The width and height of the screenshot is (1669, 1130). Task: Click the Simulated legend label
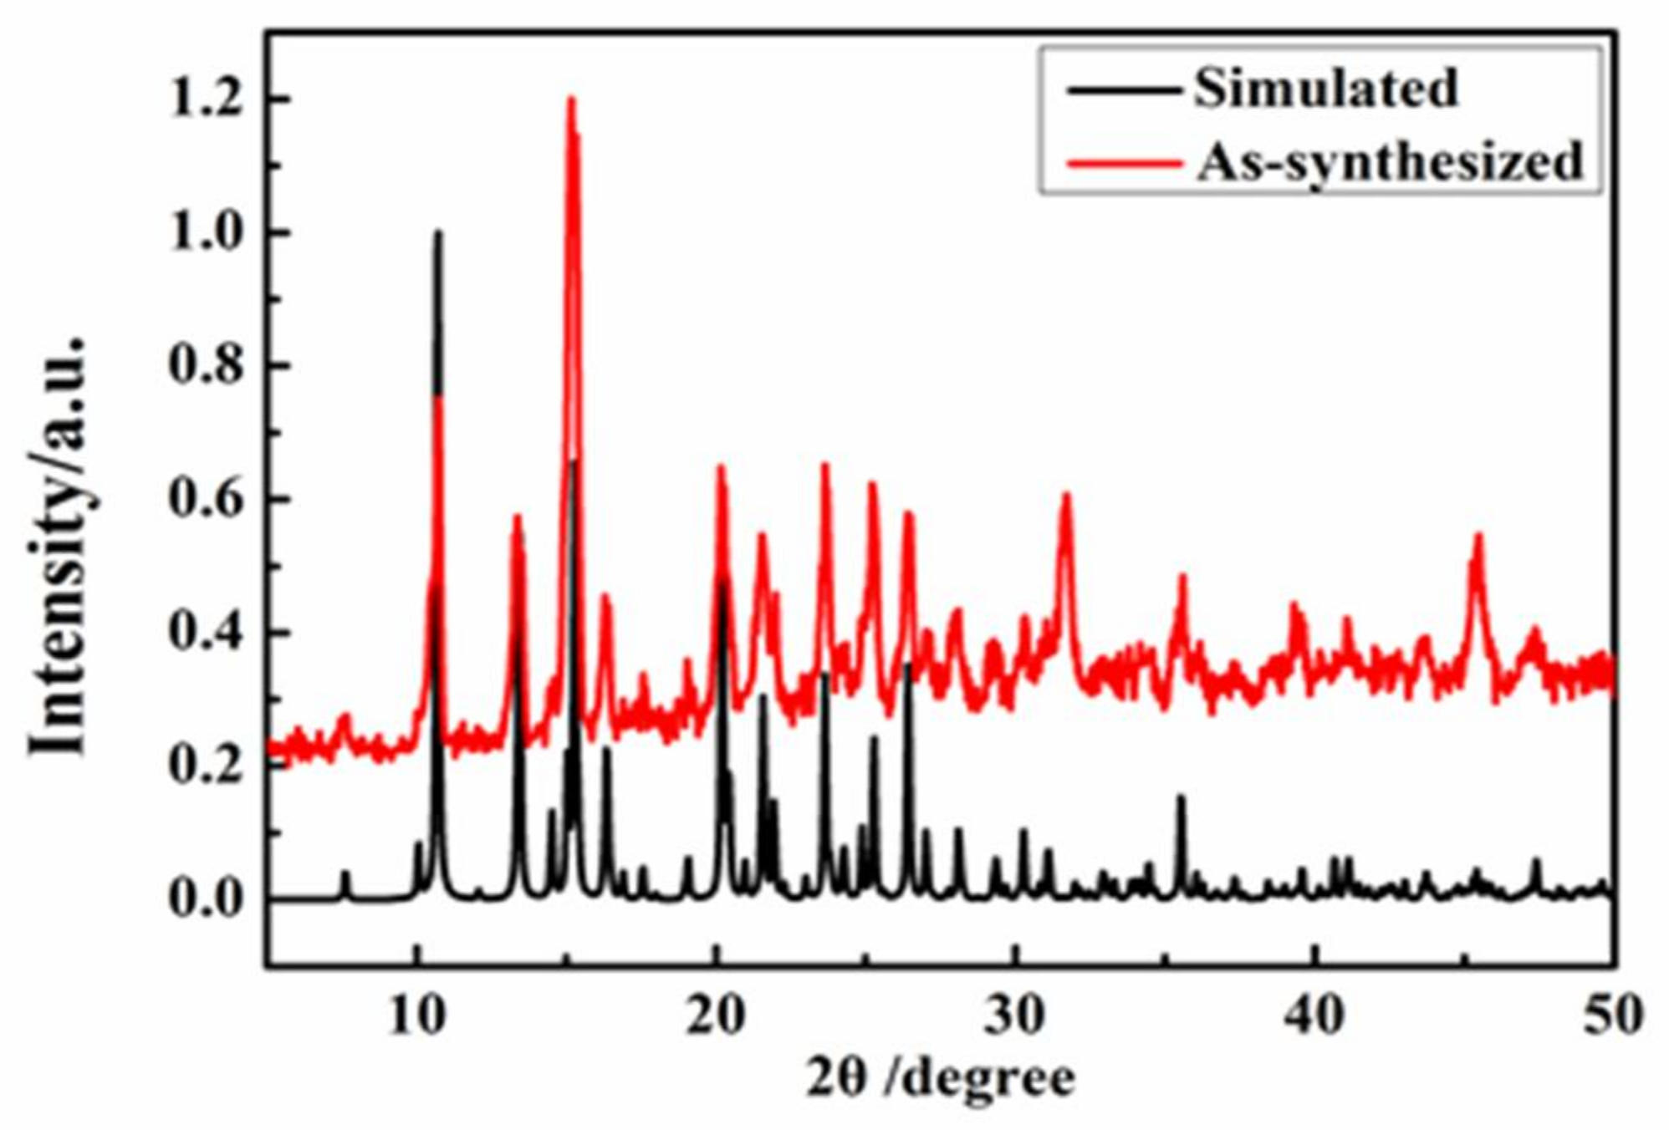click(1325, 88)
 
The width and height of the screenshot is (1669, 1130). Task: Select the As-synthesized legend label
click(1390, 160)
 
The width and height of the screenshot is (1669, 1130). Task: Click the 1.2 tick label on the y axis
click(206, 99)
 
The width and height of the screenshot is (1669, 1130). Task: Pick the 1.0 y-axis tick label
click(206, 232)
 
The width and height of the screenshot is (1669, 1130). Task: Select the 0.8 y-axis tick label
click(206, 366)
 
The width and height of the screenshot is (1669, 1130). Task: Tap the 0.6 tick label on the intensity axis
click(206, 499)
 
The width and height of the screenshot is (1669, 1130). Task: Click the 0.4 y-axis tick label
click(206, 633)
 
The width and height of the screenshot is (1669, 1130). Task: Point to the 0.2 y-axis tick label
click(206, 766)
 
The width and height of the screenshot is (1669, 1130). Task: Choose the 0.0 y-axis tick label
click(206, 899)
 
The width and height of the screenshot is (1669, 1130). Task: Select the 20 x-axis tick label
click(716, 1015)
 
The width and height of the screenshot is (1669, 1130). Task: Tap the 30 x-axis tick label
click(1015, 1015)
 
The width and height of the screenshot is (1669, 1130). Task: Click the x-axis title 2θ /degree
click(940, 1078)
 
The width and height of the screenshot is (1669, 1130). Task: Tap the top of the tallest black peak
click(438, 232)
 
